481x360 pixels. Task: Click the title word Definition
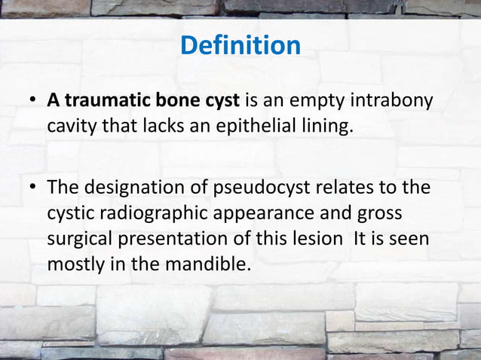tap(240, 45)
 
